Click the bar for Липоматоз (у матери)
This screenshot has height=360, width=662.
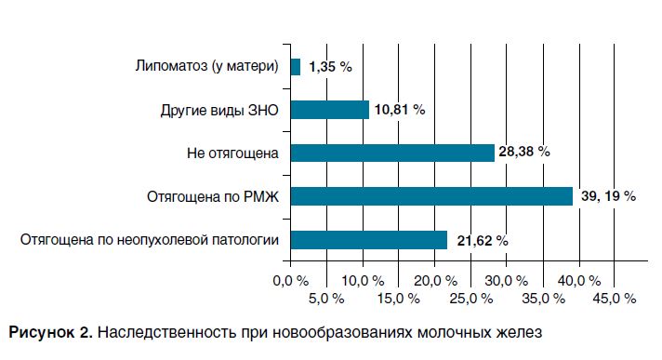click(x=296, y=67)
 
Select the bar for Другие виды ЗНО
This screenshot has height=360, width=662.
click(x=330, y=110)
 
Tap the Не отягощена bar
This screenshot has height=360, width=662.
click(x=392, y=153)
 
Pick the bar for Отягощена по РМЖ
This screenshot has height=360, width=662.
click(x=431, y=195)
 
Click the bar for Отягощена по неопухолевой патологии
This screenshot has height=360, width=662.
click(x=369, y=239)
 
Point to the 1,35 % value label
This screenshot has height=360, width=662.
click(x=329, y=67)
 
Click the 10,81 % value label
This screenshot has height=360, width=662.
click(x=400, y=110)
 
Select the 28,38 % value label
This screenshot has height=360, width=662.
click(x=524, y=153)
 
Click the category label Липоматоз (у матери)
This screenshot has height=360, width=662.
click(x=207, y=67)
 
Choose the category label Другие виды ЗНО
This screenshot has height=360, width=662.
click(x=219, y=110)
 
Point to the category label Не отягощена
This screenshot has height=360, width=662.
click(x=234, y=153)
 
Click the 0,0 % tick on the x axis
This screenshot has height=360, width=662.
click(x=289, y=280)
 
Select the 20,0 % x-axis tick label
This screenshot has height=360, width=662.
click(x=433, y=280)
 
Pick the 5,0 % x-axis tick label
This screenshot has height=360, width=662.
click(x=325, y=298)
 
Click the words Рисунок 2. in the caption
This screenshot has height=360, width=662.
click(x=50, y=331)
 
